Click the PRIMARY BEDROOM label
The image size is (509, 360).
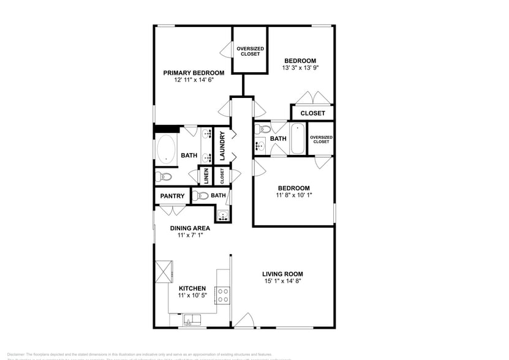coord(194,72)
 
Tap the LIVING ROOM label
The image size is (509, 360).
coord(282,274)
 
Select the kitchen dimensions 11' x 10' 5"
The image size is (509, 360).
coord(192,296)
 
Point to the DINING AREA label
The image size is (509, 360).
coord(190,228)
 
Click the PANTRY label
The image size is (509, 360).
coord(172,196)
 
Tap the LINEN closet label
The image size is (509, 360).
coord(206,176)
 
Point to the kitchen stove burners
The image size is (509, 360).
coord(222,295)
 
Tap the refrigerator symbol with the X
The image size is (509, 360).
coord(164,271)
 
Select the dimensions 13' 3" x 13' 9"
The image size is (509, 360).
coord(301,68)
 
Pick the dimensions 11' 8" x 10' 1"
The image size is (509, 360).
coord(293,196)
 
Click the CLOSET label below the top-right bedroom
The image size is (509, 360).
coord(312,113)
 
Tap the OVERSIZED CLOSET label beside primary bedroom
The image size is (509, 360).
coord(250,51)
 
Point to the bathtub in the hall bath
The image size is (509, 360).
coord(297,139)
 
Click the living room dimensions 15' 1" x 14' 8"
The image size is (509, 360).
coord(282,282)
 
